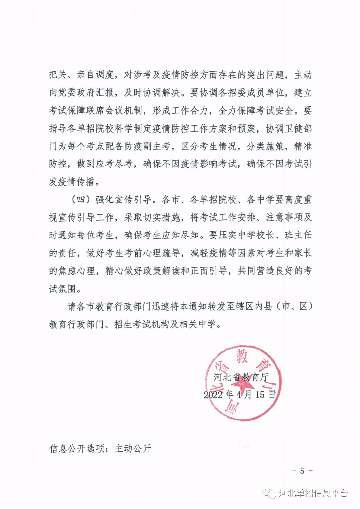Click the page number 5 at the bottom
coord(302,471)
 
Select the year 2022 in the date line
coord(213,395)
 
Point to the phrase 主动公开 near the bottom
coord(133,449)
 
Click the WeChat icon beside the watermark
coord(269,493)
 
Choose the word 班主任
coord(298,235)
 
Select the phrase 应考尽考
coord(114,164)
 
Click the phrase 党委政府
coord(77,93)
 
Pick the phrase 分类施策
coord(265,146)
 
